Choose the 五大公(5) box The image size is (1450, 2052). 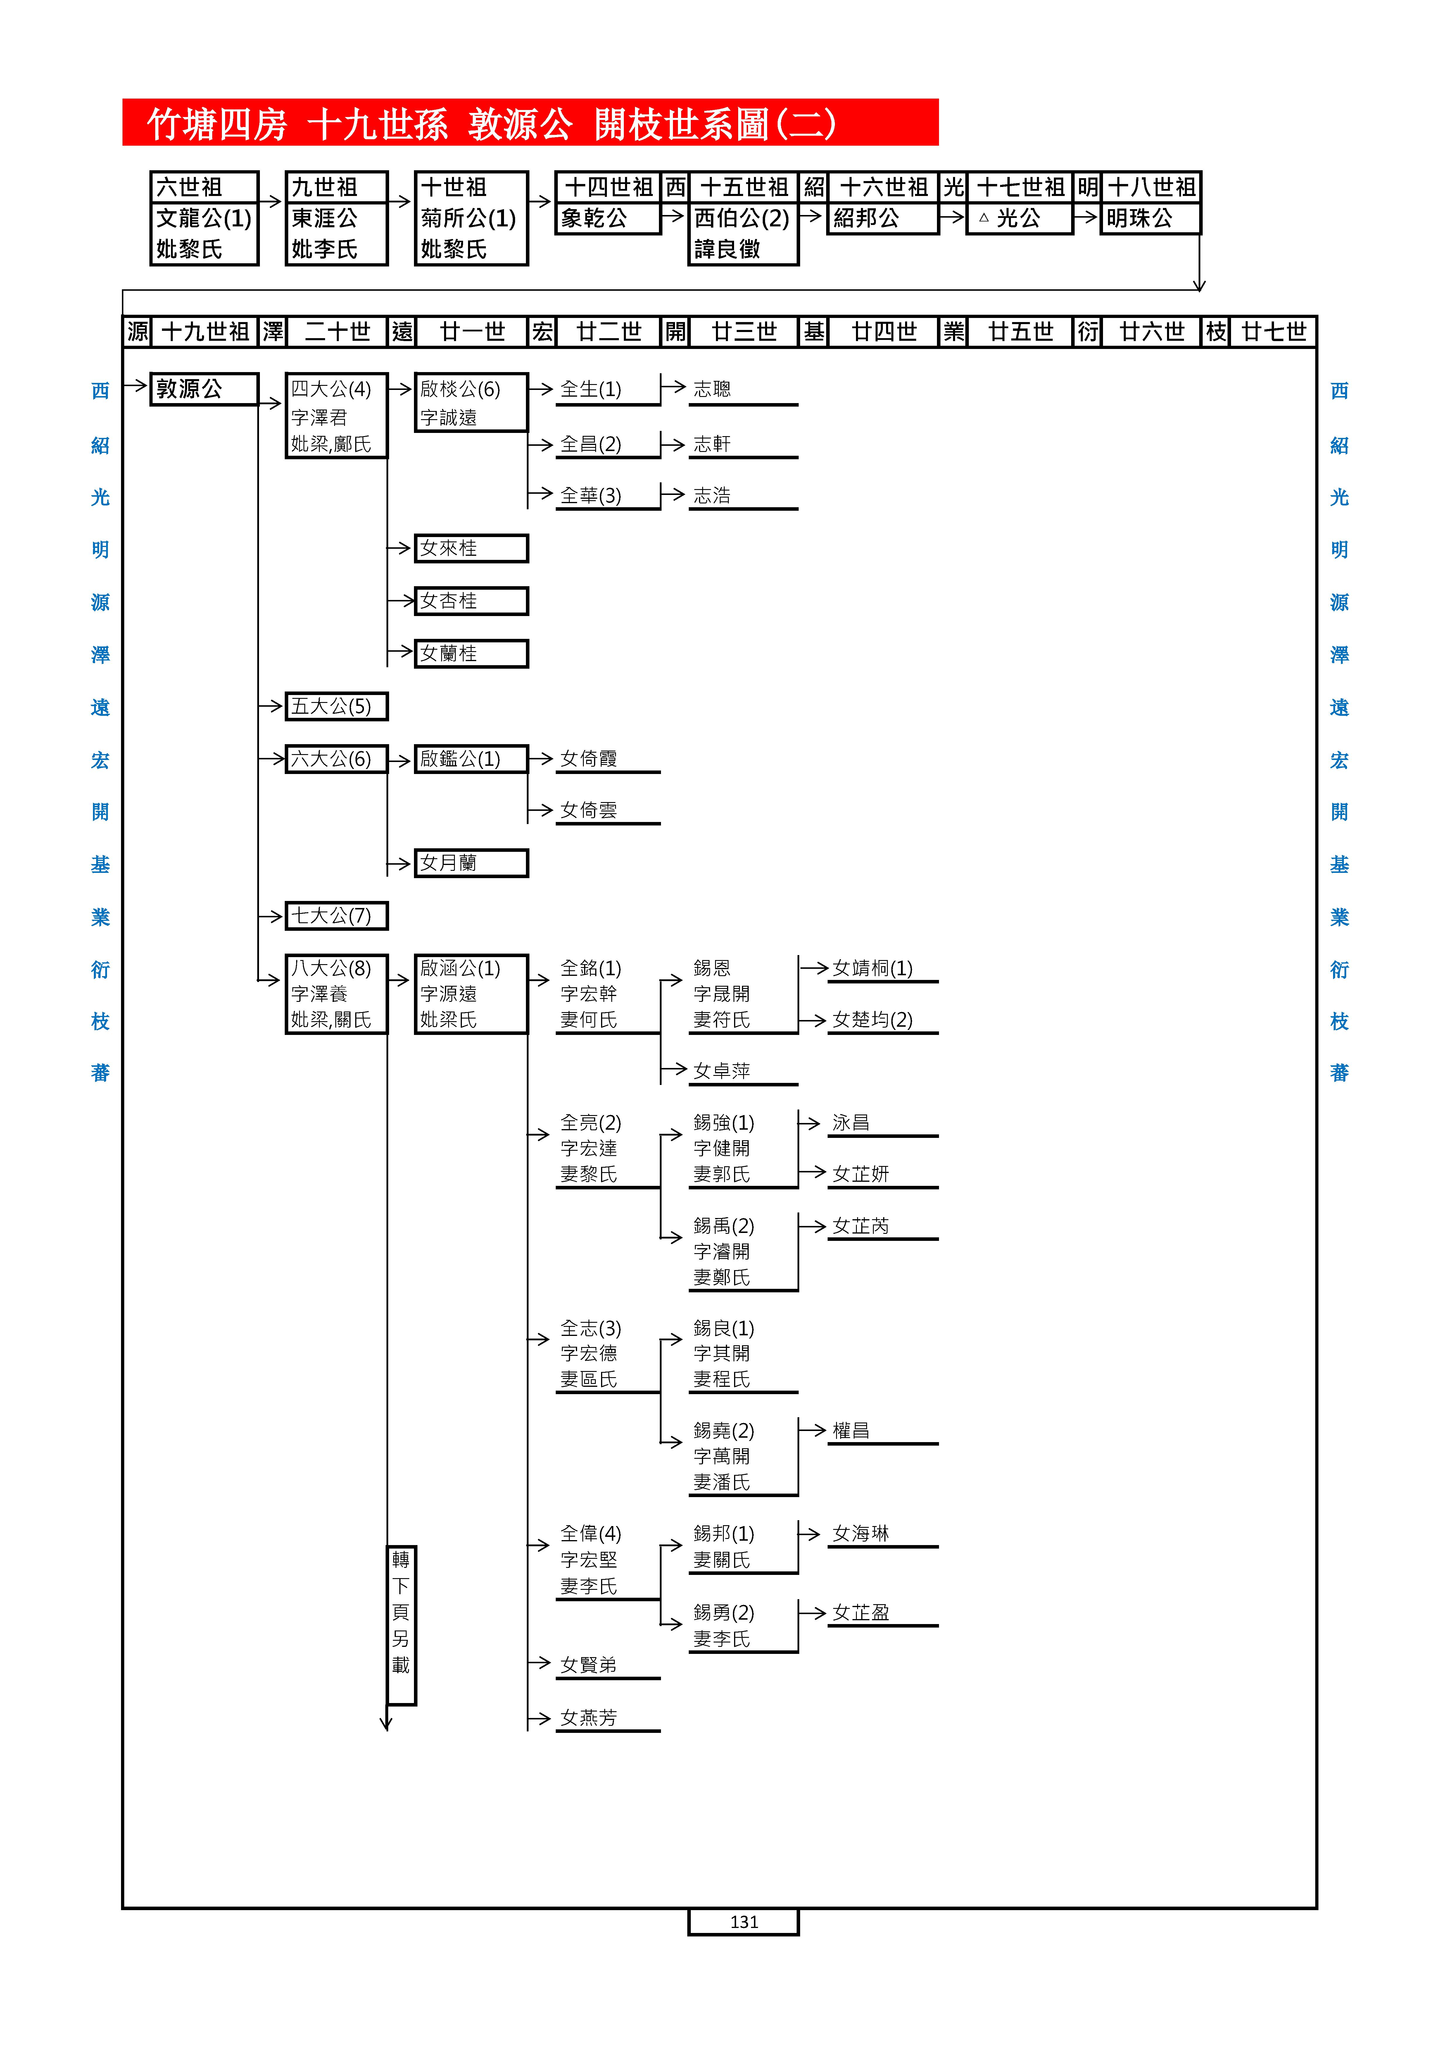pyautogui.click(x=336, y=706)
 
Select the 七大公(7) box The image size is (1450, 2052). pyautogui.click(x=336, y=915)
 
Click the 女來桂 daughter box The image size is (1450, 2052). pyautogui.click(x=471, y=548)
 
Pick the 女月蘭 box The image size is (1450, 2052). pyautogui.click(x=471, y=862)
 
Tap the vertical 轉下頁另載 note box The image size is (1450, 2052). pyautogui.click(x=401, y=1625)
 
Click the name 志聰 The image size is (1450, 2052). pyautogui.click(x=712, y=389)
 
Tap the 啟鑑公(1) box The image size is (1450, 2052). pyautogui.click(x=471, y=759)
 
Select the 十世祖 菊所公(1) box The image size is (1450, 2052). pyautogui.click(x=471, y=218)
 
